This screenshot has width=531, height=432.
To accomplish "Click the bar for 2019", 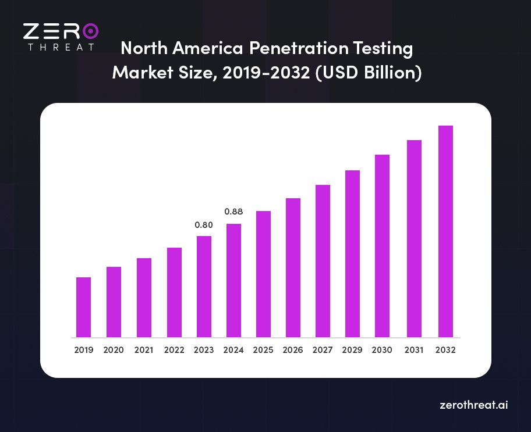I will coord(83,307).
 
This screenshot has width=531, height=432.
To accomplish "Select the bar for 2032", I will coord(445,231).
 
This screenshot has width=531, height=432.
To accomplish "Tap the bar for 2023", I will coord(204,287).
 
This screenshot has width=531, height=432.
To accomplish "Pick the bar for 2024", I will coord(233,280).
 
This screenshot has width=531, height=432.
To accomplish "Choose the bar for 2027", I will coord(323,261).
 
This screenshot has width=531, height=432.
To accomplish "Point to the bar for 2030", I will coord(383,246).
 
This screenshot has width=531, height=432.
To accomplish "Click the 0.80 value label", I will coord(203,225).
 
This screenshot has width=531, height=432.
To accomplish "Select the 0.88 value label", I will coord(233,212).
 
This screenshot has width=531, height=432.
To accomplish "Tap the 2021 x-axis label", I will coord(144,351).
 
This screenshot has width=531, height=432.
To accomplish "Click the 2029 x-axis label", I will coord(353,351).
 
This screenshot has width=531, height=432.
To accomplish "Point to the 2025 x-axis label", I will coord(263,351).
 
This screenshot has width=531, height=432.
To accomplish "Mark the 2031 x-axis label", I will coord(413,351).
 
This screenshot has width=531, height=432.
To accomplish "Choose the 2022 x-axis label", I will coord(174,351).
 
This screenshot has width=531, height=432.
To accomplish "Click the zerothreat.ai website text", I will coord(473,405).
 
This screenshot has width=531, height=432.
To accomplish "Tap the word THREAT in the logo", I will coord(61,47).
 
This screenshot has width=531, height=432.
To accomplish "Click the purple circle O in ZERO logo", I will coord(90,31).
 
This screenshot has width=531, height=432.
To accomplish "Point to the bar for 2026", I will coord(293,267).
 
